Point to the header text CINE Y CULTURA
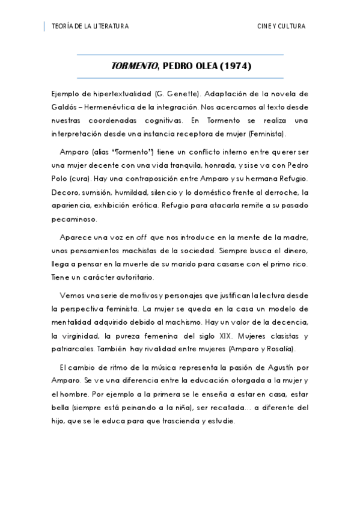[281, 26]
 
